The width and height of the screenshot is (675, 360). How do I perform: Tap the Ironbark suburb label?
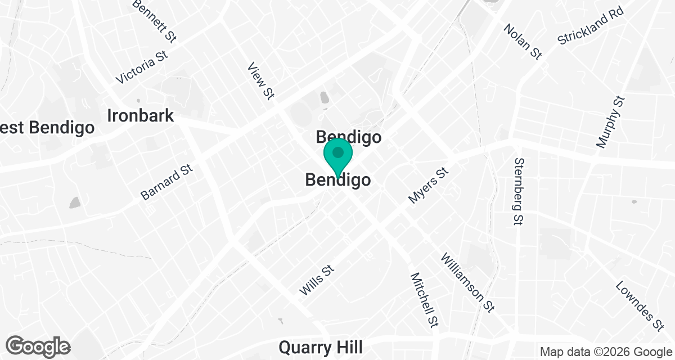tap(141, 116)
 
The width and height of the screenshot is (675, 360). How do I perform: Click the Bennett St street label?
tap(155, 21)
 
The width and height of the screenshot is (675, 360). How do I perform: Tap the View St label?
tap(260, 82)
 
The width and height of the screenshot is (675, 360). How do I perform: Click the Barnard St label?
tap(166, 182)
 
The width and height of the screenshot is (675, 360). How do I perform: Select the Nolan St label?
tap(523, 41)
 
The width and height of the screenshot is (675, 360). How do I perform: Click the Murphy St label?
tap(610, 122)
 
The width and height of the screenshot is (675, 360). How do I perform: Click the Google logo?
tap(38, 346)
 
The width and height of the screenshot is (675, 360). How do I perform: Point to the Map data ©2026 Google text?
tap(605, 352)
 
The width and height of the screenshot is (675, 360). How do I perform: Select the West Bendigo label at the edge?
tap(47, 128)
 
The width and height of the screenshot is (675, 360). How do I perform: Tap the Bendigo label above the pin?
tap(349, 137)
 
